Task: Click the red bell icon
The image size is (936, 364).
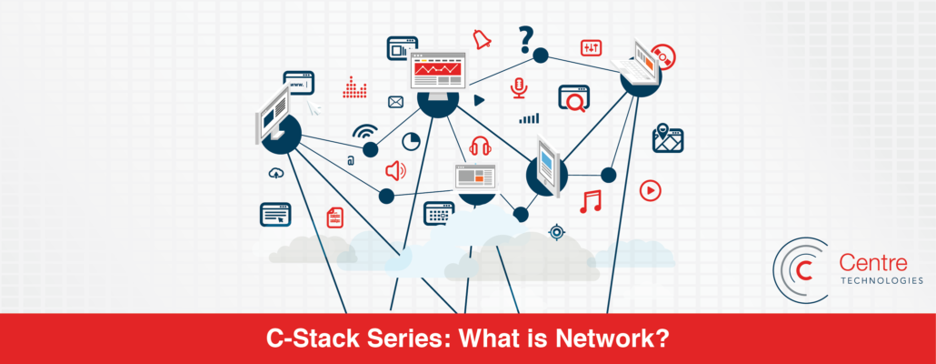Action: pyautogui.click(x=482, y=39)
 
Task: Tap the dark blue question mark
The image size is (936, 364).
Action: pyautogui.click(x=525, y=39)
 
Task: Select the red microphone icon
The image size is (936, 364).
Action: pyautogui.click(x=519, y=87)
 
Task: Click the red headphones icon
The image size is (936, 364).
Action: pyautogui.click(x=480, y=146)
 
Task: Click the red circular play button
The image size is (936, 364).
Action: pyautogui.click(x=650, y=190)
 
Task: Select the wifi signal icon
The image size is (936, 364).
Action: pyautogui.click(x=364, y=132)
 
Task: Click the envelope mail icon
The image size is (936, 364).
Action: pyautogui.click(x=395, y=102)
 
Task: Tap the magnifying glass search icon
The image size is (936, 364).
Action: pyautogui.click(x=574, y=98)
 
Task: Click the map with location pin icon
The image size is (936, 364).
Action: pyautogui.click(x=668, y=138)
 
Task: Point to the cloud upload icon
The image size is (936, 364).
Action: pyautogui.click(x=275, y=172)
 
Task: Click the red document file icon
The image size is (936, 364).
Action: pyautogui.click(x=335, y=217)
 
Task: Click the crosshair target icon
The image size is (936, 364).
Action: pyautogui.click(x=556, y=232)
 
